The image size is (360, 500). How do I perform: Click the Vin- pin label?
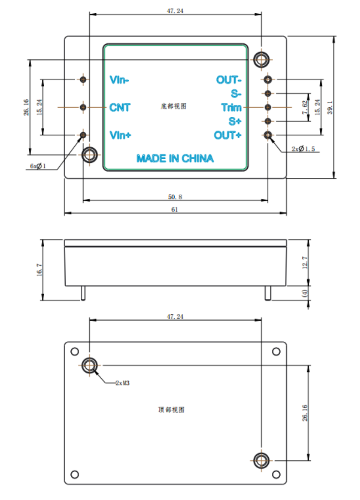[119, 80]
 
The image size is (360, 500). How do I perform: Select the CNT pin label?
[120, 108]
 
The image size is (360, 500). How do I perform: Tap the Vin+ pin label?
[120, 135]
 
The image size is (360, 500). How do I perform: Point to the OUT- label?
[229, 80]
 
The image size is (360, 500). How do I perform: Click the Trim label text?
[231, 108]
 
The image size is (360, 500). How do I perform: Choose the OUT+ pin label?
[228, 135]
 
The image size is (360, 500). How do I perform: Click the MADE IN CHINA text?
[175, 158]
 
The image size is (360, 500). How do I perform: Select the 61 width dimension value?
[175, 209]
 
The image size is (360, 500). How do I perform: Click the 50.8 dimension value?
[175, 197]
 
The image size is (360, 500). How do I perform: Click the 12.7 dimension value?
[305, 262]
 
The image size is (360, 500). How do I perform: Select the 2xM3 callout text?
[122, 383]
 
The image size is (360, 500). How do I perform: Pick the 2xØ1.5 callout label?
[303, 149]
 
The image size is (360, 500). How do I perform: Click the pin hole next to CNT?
[83, 107]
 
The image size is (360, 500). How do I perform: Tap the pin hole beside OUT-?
[268, 79]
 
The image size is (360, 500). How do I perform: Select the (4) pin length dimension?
[305, 294]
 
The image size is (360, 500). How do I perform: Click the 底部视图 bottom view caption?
[174, 106]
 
